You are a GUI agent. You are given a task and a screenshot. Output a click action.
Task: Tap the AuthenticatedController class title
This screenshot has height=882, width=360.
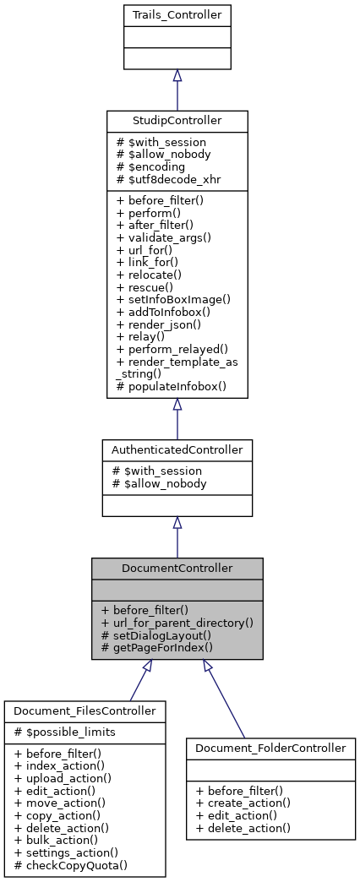[x=177, y=449]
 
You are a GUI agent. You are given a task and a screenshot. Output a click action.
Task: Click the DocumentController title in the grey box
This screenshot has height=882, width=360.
[x=178, y=568]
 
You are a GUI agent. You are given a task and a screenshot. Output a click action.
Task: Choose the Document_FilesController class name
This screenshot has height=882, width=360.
[x=85, y=711]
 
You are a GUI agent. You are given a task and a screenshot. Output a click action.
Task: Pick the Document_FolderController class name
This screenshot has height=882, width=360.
[x=270, y=748]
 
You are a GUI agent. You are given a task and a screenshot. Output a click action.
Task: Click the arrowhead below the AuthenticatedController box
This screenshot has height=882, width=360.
[x=177, y=524]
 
